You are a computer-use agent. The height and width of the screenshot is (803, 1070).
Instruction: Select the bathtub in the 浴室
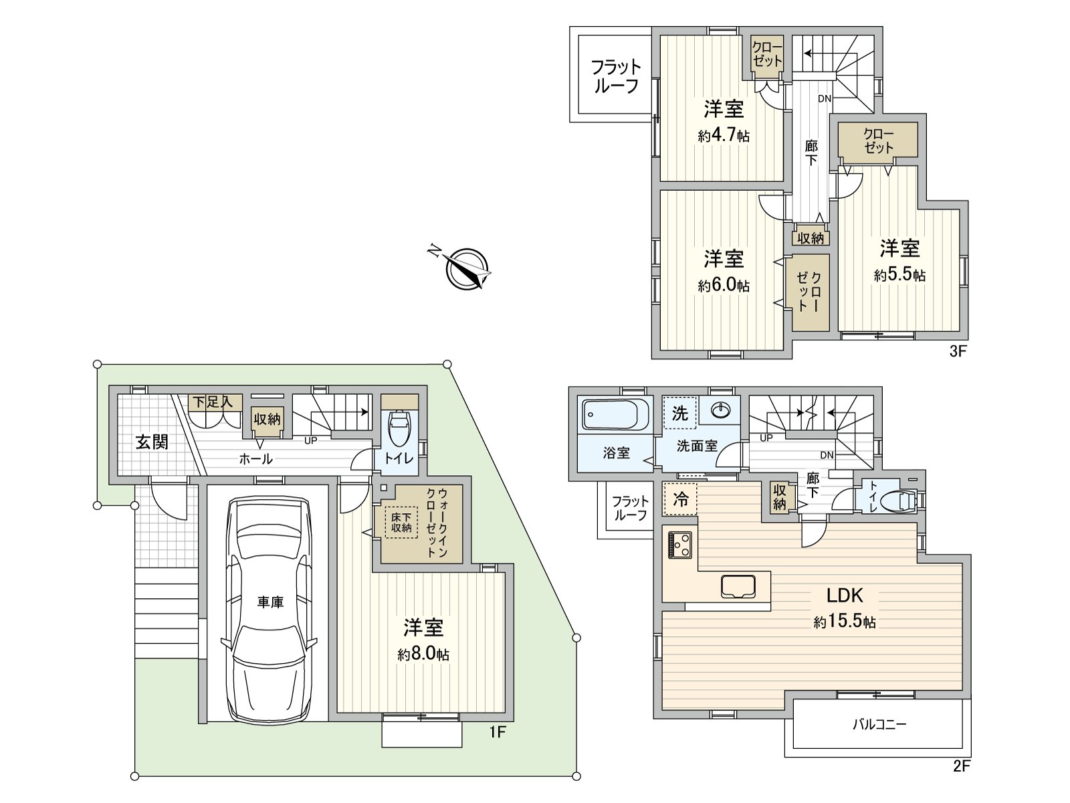615,414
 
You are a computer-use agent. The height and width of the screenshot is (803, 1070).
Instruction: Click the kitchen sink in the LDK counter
738,586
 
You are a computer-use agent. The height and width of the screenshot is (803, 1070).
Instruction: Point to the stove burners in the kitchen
681,543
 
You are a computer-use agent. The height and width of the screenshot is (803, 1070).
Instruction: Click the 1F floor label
497,733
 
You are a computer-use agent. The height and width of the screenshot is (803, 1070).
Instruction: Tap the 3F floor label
958,351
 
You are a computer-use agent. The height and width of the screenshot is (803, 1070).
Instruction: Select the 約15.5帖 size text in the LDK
845,622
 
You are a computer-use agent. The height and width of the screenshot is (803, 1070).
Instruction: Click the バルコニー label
879,724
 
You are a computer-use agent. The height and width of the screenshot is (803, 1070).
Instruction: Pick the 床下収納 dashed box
401,522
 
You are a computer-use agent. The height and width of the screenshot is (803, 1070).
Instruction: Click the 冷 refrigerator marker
680,499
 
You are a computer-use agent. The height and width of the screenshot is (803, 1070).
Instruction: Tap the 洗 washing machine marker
679,414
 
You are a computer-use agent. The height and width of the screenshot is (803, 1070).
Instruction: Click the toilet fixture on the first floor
399,428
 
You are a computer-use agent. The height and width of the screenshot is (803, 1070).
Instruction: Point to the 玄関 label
152,442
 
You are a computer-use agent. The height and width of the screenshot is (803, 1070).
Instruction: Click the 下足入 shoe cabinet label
213,402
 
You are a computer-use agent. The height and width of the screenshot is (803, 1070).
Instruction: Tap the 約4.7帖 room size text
724,136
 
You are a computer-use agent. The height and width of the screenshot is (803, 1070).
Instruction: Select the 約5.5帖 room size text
899,275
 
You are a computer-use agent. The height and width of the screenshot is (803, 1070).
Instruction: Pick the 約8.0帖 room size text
423,654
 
